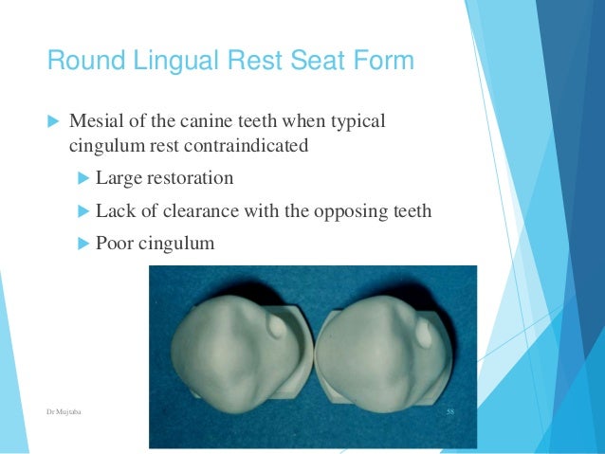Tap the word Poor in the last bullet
tap(116, 243)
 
